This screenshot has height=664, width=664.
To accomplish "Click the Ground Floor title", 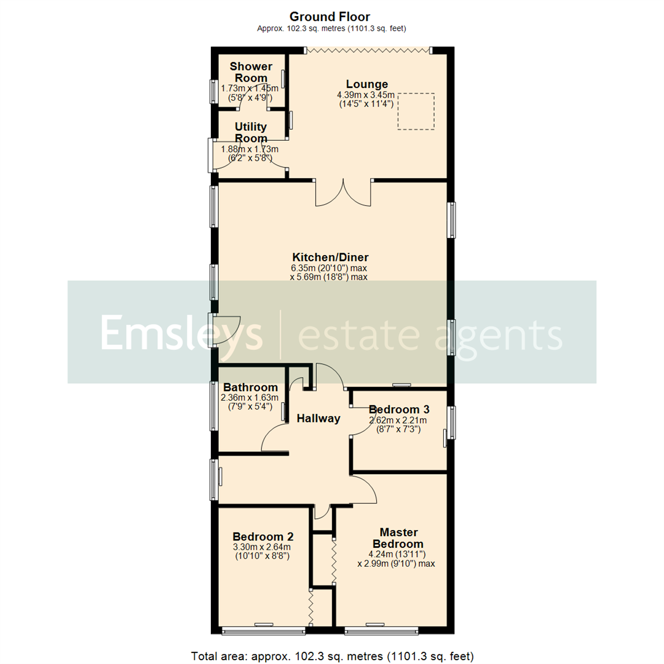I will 330,17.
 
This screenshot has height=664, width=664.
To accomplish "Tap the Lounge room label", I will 366,84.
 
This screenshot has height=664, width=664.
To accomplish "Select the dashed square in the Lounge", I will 416,111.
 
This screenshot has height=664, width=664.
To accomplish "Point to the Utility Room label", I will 250,132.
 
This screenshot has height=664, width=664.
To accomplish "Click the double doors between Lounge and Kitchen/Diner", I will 344,192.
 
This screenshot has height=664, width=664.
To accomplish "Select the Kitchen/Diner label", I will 330,257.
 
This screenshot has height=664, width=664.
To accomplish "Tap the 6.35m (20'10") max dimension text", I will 330,267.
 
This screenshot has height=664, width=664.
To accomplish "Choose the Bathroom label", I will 250,387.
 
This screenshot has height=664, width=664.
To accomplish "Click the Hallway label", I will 318,418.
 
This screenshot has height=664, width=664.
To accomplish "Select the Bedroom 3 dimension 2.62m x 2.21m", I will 397,420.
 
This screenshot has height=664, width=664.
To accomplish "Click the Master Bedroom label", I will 398,538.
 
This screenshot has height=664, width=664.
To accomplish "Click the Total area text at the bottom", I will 332,655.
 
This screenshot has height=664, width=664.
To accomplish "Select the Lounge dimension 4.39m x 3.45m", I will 365,95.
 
